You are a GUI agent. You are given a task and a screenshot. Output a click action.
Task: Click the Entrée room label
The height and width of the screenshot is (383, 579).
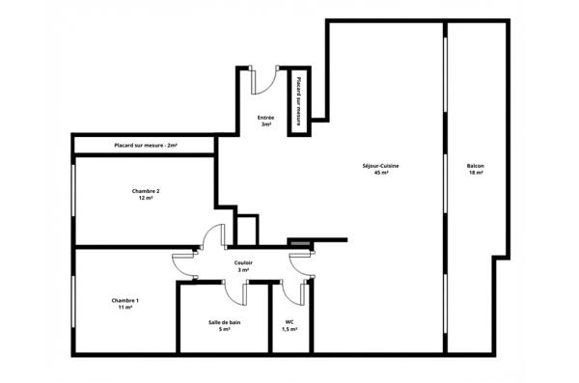(x=264, y=118)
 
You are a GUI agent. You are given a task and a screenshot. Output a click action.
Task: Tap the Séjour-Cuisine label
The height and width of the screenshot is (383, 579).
(x=380, y=166)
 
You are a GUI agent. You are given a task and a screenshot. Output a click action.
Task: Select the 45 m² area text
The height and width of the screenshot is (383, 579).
(x=380, y=174)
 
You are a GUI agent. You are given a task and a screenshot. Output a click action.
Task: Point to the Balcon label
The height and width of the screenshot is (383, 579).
(x=475, y=166)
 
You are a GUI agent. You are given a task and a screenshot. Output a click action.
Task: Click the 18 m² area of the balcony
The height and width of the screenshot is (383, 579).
(x=475, y=174)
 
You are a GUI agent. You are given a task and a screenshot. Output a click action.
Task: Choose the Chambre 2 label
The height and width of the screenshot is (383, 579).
(x=146, y=191)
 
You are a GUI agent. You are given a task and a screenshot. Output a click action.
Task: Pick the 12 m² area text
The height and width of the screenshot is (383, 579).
(x=146, y=199)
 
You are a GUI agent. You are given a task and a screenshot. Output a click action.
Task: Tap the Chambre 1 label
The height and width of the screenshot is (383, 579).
(x=125, y=300)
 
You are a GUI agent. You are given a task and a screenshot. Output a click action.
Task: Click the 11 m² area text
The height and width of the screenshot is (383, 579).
(x=125, y=308)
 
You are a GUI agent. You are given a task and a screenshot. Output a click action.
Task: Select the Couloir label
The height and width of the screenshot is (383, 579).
(x=243, y=262)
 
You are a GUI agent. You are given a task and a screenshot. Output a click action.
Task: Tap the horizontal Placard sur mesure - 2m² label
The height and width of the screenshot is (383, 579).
(x=145, y=145)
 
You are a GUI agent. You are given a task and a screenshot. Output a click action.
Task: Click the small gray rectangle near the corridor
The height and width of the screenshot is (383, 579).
(x=300, y=242)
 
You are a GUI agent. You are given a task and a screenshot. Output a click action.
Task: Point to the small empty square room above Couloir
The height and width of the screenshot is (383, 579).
(x=248, y=231)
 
